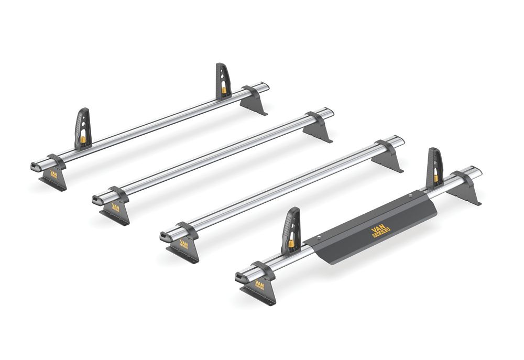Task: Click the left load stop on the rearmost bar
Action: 84,128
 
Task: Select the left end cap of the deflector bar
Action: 239,276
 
